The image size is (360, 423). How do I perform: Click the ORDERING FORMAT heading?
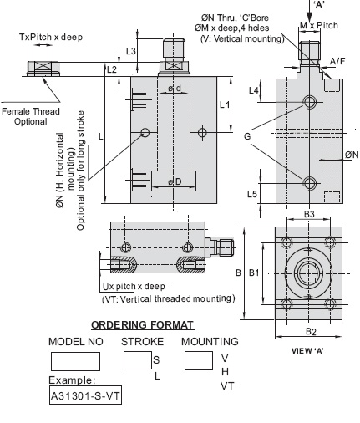pos(142,325)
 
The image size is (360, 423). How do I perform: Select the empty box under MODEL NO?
pos(75,361)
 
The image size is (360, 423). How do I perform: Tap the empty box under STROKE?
pos(138,360)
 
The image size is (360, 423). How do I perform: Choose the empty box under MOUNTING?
pos(199,360)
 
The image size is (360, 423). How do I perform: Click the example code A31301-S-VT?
pos(85,395)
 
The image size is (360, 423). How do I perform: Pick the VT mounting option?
pos(227,386)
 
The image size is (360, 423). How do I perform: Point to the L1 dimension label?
pos(225,104)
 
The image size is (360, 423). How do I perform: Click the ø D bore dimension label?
pos(175,181)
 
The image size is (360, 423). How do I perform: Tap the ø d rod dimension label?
pos(175,89)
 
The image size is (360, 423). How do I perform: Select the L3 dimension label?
pos(131,51)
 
